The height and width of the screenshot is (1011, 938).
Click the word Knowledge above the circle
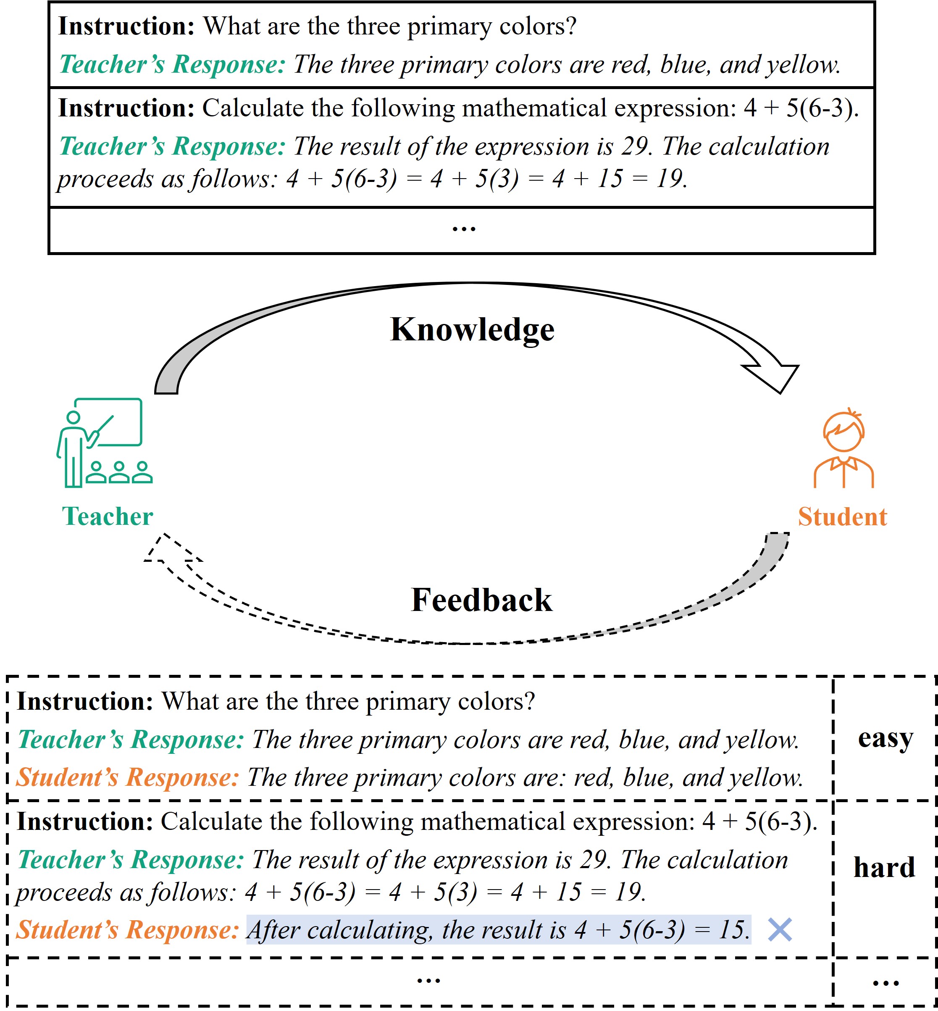[472, 329]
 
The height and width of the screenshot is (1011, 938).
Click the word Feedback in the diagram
[481, 600]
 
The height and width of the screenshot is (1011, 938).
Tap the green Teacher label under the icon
[107, 516]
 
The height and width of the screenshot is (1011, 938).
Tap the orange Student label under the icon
[842, 517]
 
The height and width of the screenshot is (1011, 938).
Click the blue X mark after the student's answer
[780, 930]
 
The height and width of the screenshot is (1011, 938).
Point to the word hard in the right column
[884, 867]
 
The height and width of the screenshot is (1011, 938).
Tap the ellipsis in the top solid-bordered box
[463, 229]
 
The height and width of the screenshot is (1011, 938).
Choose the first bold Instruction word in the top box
[126, 26]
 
